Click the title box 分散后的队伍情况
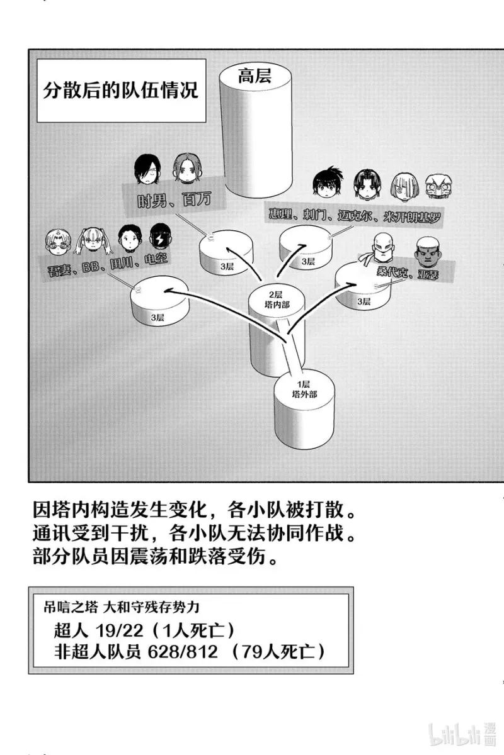[121, 91]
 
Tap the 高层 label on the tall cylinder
[255, 76]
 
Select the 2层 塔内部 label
[277, 299]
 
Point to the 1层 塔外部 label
[304, 389]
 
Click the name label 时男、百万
[174, 201]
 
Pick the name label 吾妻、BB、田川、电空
[108, 265]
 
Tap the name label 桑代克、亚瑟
[408, 272]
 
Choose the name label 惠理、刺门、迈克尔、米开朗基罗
[355, 215]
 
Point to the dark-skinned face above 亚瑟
[427, 251]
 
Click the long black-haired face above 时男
[147, 169]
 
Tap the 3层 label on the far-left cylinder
[157, 317]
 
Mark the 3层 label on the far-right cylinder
[364, 301]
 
